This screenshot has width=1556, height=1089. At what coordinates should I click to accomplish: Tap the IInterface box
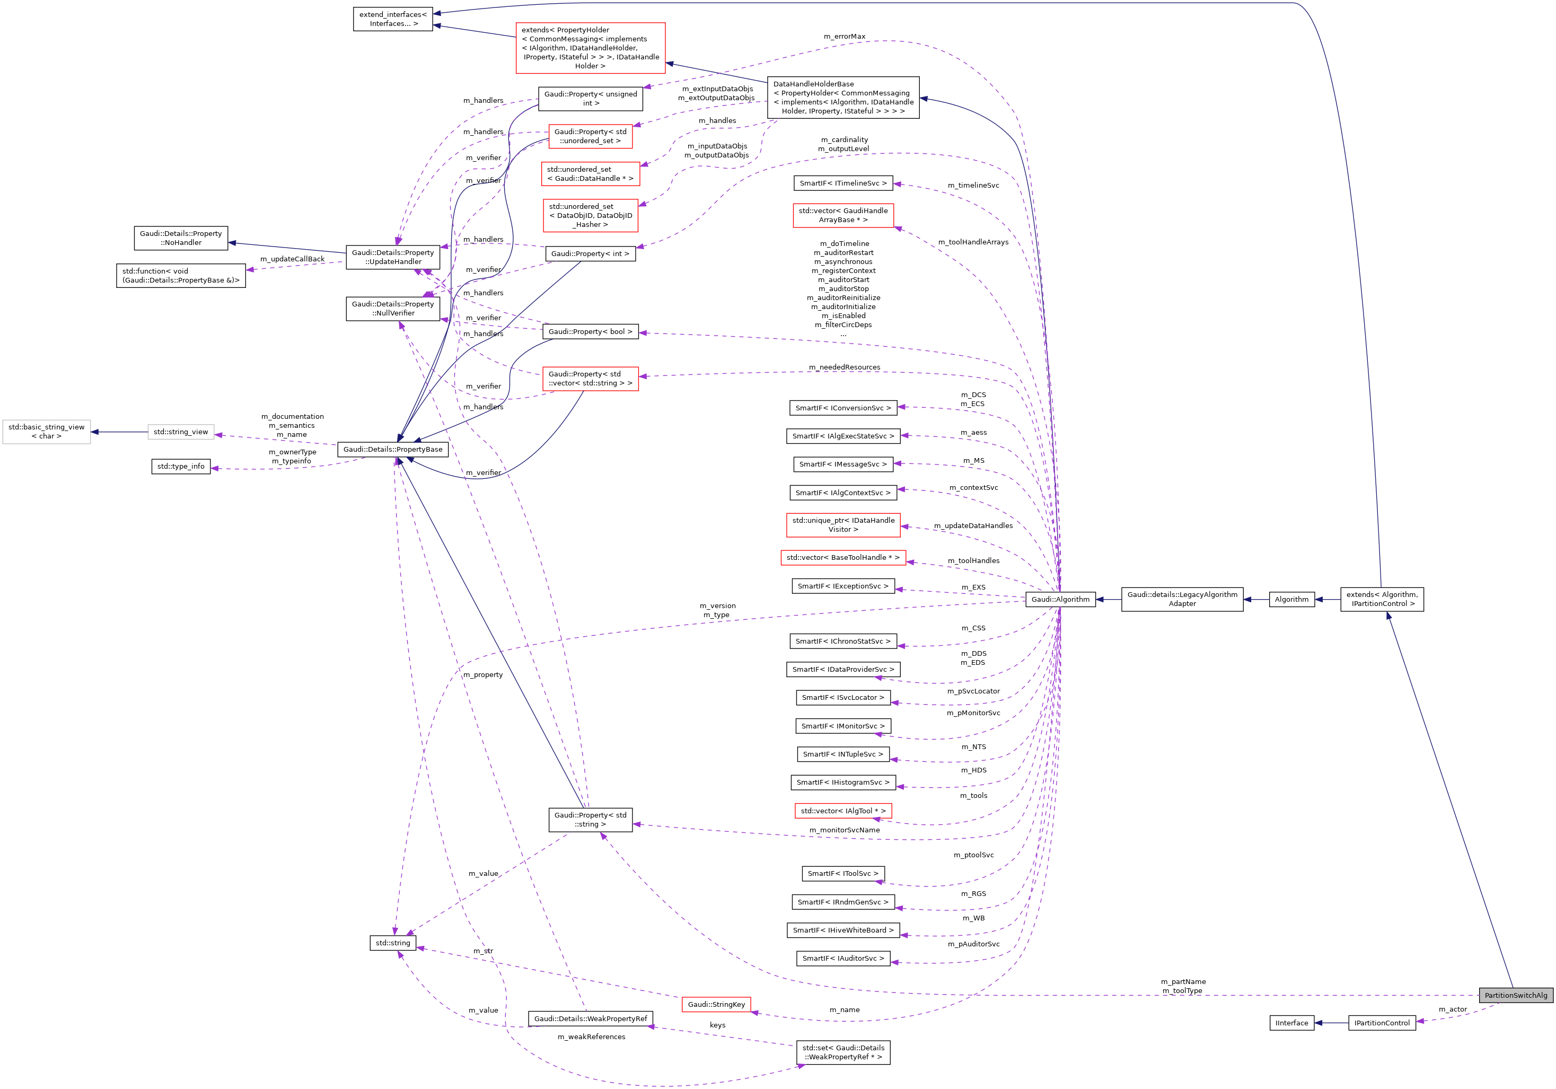click(x=1291, y=1023)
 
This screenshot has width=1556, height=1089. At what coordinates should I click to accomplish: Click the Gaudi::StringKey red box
click(x=716, y=1004)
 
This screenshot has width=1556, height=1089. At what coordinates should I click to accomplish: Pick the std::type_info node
click(x=180, y=466)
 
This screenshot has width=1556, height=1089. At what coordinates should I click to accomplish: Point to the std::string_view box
click(x=180, y=432)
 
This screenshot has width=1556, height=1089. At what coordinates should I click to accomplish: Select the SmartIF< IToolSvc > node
click(x=842, y=874)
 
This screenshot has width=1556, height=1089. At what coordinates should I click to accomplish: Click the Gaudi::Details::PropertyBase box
click(x=392, y=449)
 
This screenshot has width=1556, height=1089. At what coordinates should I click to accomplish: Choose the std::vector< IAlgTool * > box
click(x=843, y=811)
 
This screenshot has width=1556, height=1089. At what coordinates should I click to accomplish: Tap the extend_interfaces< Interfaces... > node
click(x=392, y=19)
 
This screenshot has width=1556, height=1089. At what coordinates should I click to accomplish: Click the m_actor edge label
click(x=1452, y=1009)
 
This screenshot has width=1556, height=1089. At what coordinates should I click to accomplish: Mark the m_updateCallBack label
click(x=292, y=259)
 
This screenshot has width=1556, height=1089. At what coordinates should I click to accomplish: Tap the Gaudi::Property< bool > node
click(x=590, y=331)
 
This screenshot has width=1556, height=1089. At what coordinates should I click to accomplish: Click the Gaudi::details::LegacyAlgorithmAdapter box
click(x=1181, y=599)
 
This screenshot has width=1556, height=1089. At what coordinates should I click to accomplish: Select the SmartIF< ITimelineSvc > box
click(x=842, y=183)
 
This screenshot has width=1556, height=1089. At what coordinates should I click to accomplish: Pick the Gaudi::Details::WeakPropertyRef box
click(x=590, y=1018)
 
